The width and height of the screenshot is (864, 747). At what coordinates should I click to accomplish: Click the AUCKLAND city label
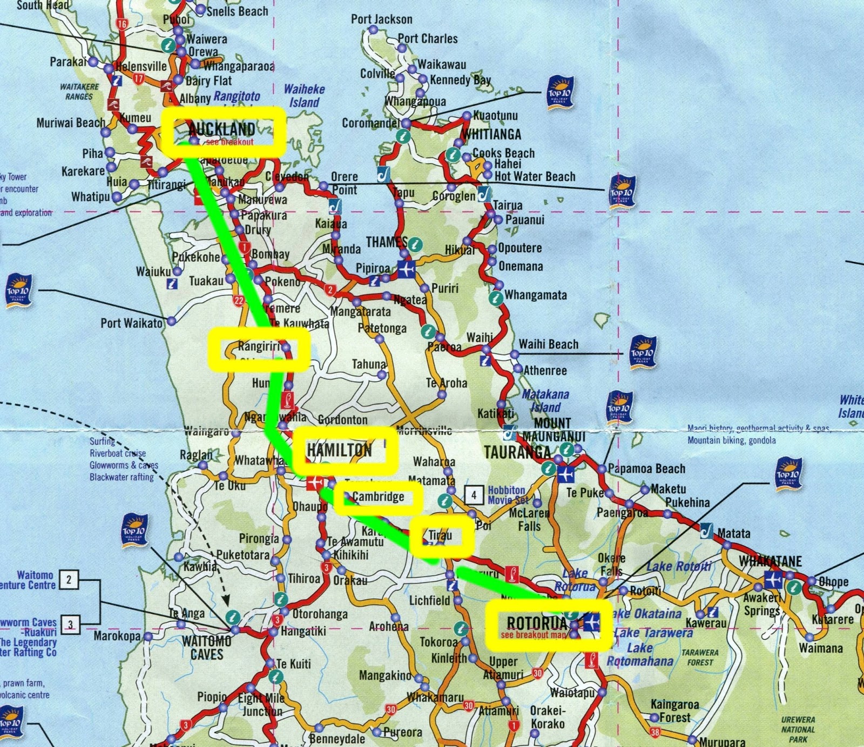click(222, 130)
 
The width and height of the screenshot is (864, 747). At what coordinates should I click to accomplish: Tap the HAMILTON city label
click(339, 450)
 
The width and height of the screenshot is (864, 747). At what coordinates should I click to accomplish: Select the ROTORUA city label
click(537, 623)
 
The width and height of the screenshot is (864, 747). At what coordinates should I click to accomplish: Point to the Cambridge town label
click(378, 497)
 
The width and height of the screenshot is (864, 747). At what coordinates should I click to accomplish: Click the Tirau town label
click(440, 535)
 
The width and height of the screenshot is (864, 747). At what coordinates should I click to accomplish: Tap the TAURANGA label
click(517, 452)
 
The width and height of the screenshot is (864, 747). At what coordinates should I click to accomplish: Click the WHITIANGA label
click(491, 134)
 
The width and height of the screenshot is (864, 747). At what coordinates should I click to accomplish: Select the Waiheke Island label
click(305, 96)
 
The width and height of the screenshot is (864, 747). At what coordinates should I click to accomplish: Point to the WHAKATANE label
click(771, 561)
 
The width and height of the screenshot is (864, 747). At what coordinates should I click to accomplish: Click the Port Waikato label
click(131, 323)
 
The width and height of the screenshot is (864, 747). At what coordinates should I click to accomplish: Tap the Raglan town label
click(196, 455)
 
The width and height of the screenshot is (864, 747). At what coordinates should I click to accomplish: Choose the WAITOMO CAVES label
click(207, 648)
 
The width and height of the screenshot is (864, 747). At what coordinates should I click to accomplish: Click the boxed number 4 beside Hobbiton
click(474, 494)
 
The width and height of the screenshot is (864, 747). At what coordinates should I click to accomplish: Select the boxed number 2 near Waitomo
click(69, 580)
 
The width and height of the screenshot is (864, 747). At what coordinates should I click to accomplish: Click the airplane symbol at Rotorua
click(592, 622)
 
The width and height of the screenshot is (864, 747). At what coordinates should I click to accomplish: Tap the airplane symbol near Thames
click(406, 268)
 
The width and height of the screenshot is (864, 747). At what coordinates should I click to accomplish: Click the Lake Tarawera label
click(653, 633)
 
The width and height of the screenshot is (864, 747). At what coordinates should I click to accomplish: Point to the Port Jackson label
click(381, 19)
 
